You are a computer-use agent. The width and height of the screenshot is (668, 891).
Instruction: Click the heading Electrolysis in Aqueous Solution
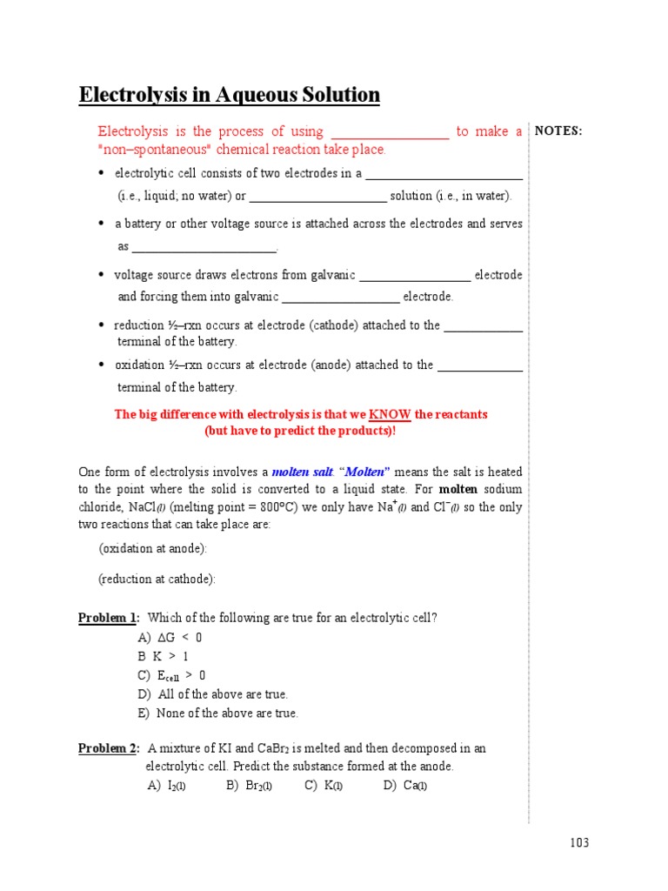(230, 95)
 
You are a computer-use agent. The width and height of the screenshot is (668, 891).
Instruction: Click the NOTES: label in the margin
(558, 131)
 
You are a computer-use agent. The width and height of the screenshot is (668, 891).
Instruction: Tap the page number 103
(579, 842)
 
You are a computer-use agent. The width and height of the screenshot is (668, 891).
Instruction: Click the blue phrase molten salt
(302, 472)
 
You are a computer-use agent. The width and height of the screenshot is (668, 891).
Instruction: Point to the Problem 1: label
(109, 618)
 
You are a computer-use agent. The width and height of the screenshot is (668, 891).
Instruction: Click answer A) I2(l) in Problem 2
(166, 786)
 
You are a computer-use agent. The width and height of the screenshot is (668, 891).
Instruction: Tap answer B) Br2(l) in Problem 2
(249, 786)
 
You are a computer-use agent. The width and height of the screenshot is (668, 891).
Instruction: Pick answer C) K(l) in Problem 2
(324, 786)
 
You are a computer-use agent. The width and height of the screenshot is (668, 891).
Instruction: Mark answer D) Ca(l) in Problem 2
(404, 786)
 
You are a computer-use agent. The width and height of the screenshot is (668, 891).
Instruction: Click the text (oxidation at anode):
(153, 549)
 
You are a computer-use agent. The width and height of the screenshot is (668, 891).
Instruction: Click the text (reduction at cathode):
(157, 579)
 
